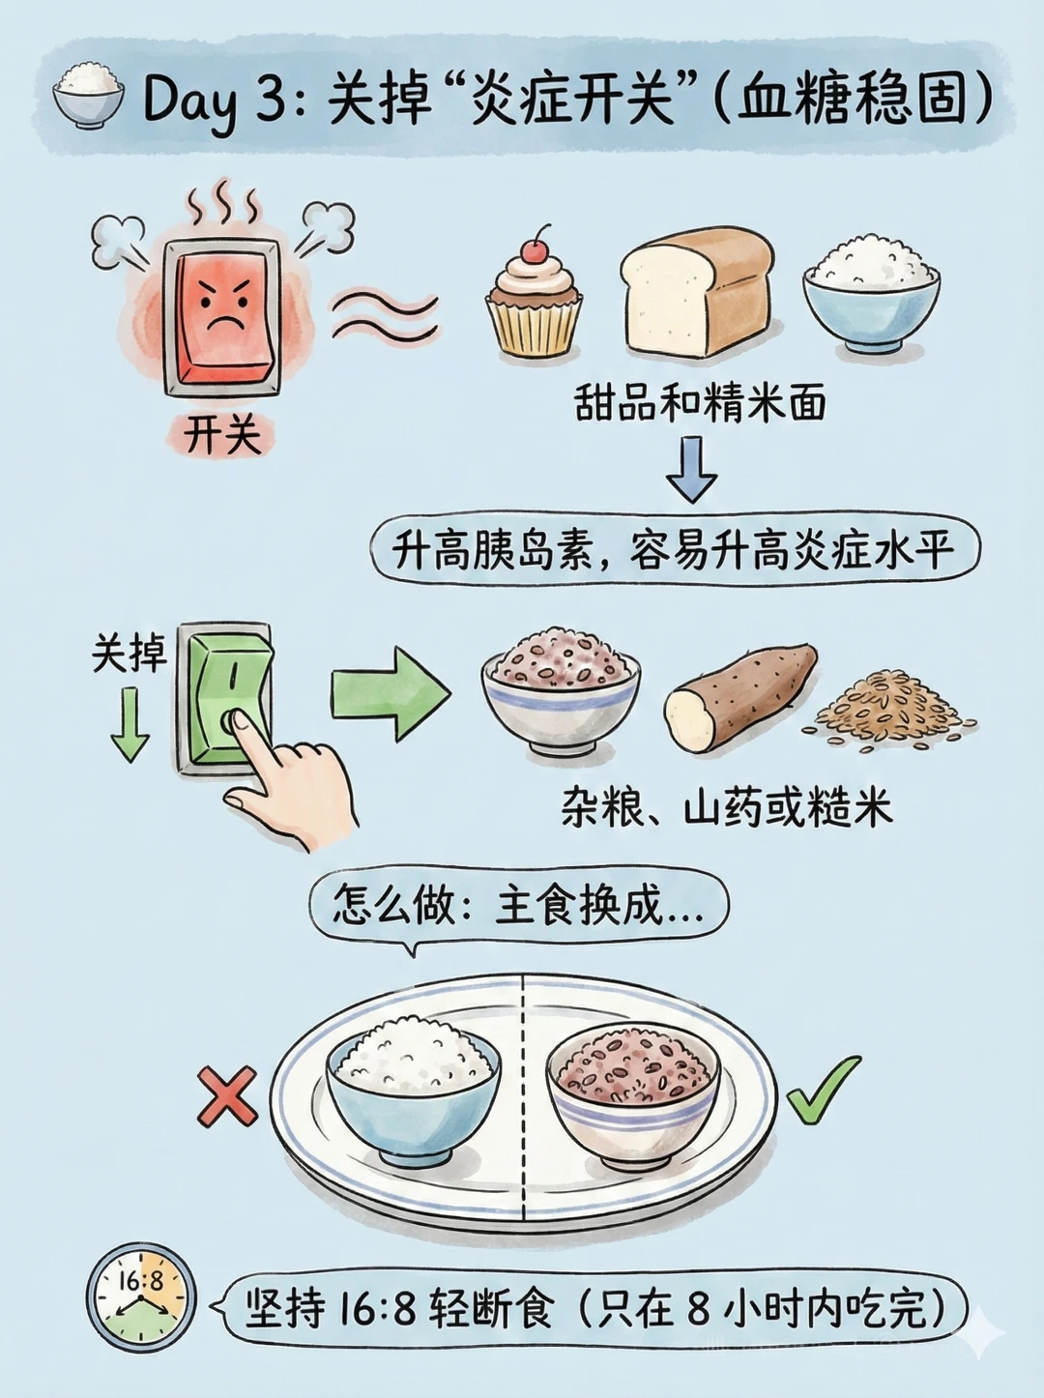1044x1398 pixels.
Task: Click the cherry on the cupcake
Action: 535,249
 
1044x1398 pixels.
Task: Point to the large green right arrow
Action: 391,694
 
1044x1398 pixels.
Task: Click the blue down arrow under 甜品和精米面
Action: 692,470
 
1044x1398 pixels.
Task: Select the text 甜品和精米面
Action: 700,403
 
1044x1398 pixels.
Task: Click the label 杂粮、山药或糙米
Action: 727,809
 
